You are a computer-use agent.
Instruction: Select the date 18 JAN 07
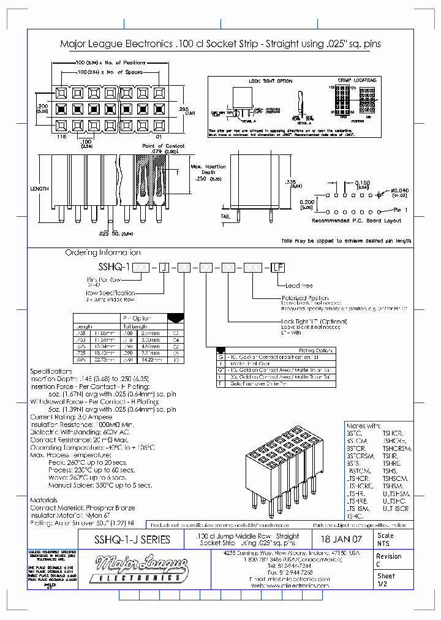pos(342,540)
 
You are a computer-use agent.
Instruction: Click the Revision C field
pos(389,560)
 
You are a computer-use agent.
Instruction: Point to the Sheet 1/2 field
pos(386,580)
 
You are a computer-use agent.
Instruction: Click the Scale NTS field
pos(386,539)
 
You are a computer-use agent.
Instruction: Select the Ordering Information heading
pos(102,252)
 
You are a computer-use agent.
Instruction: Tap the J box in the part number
pos(164,267)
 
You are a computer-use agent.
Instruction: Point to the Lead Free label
pos(298,285)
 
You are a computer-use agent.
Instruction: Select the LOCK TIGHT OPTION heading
pos(270,81)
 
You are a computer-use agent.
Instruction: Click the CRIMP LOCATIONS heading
pos(356,80)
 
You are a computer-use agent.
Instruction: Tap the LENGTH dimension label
pos(39,189)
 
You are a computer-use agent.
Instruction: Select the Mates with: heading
pos(363,425)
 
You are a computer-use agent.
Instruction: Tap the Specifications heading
pos(51,371)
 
